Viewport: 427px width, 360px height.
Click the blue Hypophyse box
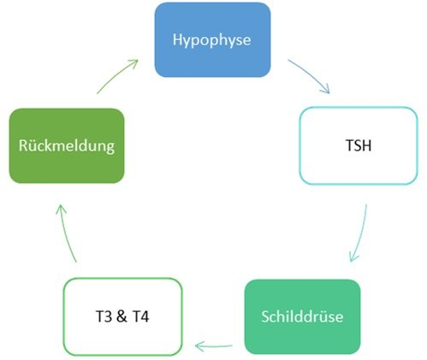[212, 39]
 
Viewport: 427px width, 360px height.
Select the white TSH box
[359, 145]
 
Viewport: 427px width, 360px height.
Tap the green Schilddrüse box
[303, 316]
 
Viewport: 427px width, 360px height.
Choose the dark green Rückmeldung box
[67, 145]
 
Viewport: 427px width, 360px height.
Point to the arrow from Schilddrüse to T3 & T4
[213, 346]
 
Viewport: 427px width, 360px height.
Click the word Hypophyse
[212, 40]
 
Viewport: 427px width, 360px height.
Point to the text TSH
[359, 145]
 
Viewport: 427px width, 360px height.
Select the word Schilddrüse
[302, 316]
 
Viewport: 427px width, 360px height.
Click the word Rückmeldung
[67, 146]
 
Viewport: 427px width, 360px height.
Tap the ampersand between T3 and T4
[122, 316]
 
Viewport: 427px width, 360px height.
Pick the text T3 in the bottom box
[104, 316]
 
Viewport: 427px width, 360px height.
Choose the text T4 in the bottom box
[140, 316]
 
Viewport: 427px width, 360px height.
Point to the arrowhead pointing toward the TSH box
[326, 89]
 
